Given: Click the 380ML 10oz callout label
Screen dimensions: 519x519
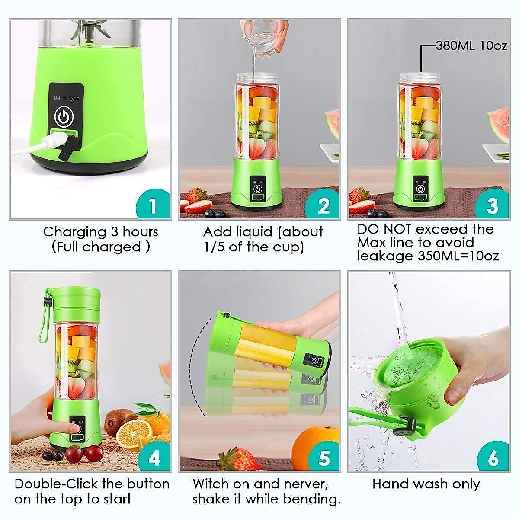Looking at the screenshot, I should coord(471,45).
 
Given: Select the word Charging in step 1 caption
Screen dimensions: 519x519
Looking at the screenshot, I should coord(74,232).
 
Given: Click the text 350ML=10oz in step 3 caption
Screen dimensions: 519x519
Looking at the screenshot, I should coord(458,256).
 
